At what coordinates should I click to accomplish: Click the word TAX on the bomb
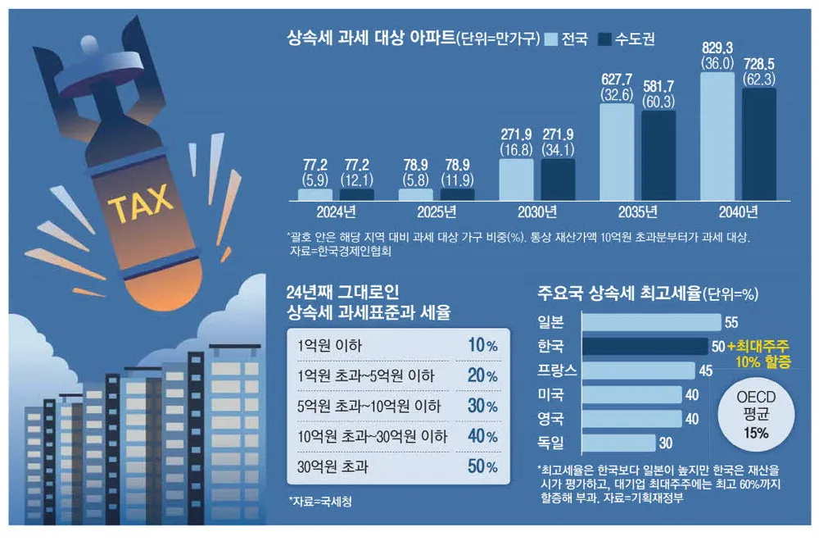(x=142, y=202)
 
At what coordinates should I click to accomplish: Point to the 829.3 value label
(x=717, y=46)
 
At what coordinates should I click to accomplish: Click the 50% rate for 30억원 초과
(x=482, y=467)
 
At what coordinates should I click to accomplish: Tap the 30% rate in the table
(x=482, y=407)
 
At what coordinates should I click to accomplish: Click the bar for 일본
(x=650, y=322)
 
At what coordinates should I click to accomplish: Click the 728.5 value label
(x=759, y=62)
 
